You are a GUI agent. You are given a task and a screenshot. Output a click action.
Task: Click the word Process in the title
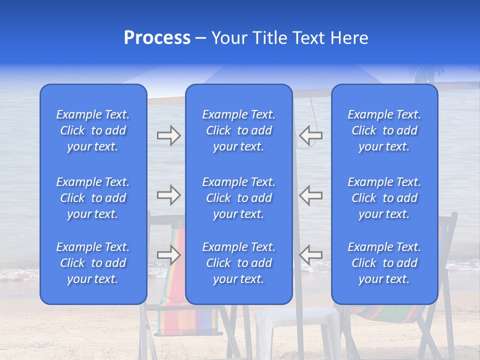[157, 38]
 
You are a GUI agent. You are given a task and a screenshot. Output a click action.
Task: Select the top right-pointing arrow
[168, 135]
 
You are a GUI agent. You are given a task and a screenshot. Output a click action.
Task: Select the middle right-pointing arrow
[168, 195]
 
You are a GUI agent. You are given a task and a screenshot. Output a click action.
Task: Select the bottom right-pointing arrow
[168, 254]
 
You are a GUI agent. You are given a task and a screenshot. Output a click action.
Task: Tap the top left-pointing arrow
[311, 135]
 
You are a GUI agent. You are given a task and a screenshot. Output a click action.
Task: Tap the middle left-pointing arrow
[311, 195]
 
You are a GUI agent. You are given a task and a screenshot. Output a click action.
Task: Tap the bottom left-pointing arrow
[311, 254]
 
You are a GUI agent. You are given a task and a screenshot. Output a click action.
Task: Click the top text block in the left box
[93, 130]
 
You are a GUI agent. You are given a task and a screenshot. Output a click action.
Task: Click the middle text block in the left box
[93, 198]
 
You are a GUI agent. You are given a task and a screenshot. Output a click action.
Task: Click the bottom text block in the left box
[93, 263]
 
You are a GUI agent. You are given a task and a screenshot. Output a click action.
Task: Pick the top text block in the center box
[238, 130]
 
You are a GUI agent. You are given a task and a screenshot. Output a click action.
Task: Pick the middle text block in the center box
[238, 198]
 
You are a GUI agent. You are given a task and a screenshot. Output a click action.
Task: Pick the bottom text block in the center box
[238, 263]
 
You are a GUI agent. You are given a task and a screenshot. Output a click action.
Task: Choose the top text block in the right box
[384, 130]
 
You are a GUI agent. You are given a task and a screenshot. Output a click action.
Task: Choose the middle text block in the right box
[384, 198]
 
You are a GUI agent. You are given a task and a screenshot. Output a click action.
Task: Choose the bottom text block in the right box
[384, 263]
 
